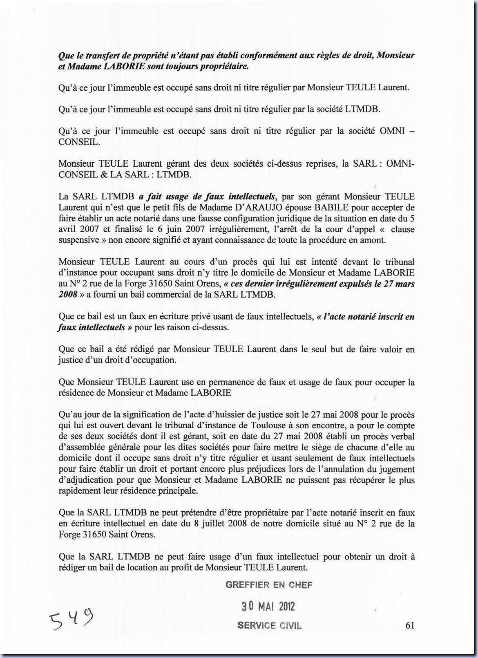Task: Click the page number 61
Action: tap(410, 624)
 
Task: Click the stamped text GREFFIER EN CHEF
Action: tap(269, 585)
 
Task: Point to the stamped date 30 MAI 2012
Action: tap(268, 606)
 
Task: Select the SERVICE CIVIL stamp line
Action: tap(270, 625)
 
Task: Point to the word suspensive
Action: tap(79, 240)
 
